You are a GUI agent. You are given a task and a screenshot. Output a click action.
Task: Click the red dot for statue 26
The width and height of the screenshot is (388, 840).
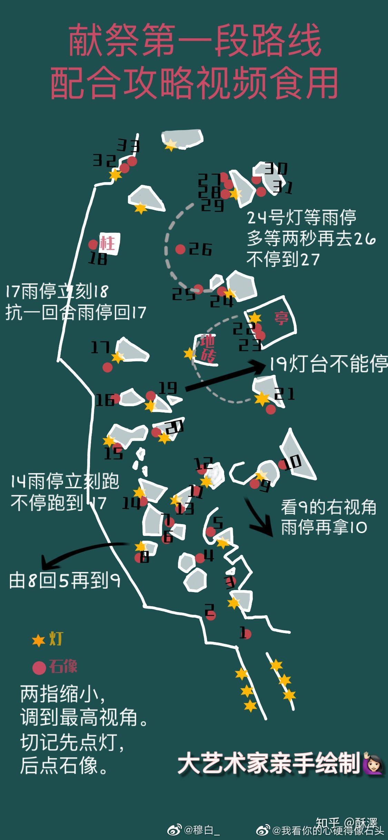(180, 249)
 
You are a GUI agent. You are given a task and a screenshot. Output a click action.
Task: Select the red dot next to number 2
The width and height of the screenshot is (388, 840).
(211, 616)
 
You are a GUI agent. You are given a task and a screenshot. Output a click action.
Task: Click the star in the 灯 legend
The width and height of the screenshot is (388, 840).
(38, 641)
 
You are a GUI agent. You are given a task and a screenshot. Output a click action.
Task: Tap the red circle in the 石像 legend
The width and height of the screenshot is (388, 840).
(39, 668)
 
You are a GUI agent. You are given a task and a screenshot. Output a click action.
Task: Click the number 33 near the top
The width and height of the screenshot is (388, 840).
(128, 146)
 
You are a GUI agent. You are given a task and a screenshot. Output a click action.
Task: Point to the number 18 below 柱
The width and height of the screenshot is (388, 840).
(98, 259)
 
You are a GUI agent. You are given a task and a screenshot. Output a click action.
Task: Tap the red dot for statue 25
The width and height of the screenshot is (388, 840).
(198, 289)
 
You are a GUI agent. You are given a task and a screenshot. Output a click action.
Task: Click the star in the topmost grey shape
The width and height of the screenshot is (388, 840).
(170, 145)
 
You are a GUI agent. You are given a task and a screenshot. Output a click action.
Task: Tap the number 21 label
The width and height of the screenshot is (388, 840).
(285, 393)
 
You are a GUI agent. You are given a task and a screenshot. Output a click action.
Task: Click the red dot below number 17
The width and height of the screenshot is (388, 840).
(108, 368)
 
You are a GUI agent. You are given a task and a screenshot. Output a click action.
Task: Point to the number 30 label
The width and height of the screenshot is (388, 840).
(276, 169)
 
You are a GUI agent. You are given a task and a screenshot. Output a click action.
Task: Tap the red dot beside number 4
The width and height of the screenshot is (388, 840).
(200, 558)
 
